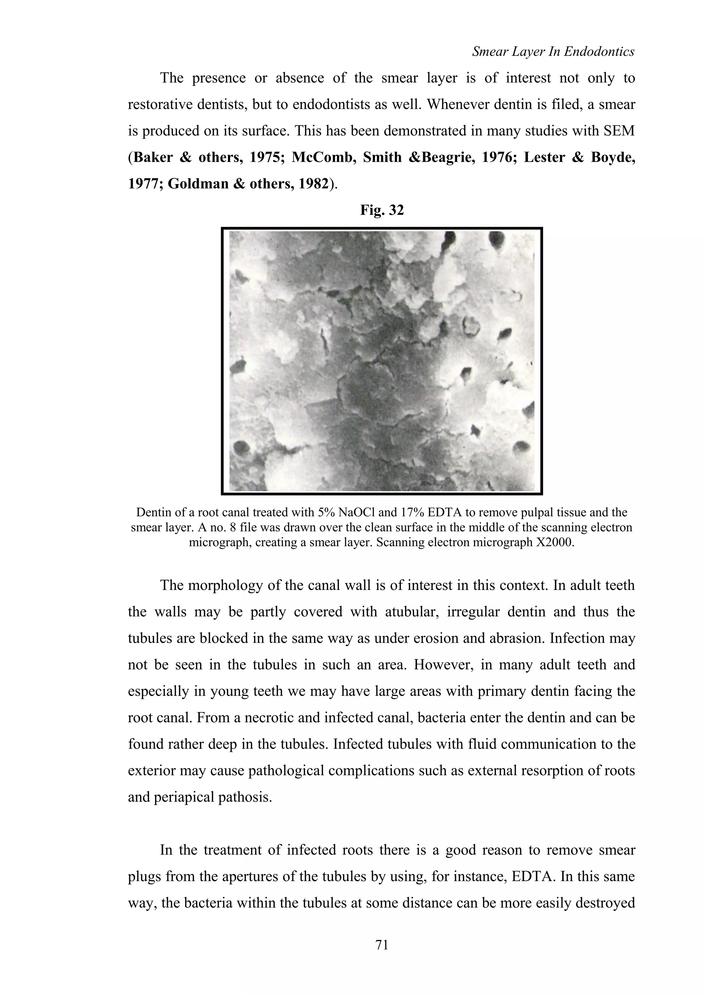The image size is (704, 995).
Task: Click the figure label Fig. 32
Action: (x=382, y=210)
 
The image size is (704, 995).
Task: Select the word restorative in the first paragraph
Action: (x=162, y=104)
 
